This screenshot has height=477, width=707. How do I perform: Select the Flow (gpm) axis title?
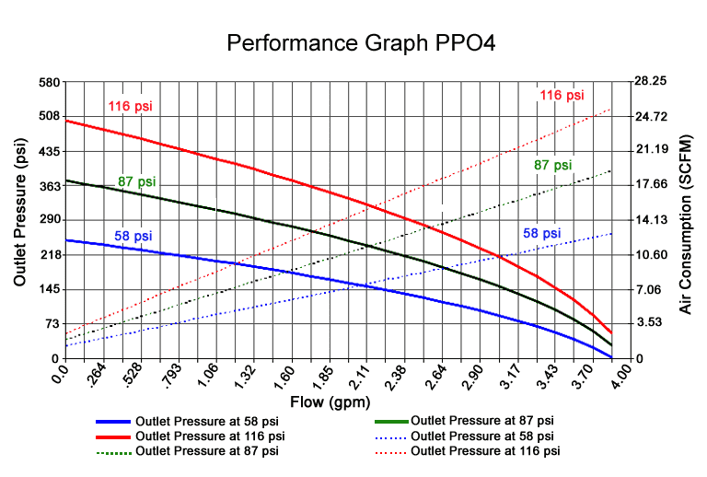pyautogui.click(x=332, y=402)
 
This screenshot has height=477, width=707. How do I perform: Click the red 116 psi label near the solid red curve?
pyautogui.click(x=130, y=106)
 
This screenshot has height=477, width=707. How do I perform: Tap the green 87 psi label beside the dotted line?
pyautogui.click(x=552, y=165)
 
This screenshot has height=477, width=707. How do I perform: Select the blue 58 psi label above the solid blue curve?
pyautogui.click(x=133, y=236)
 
